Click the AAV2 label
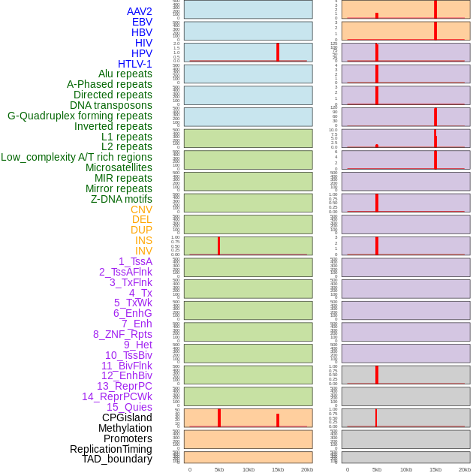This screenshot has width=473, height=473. coord(139,11)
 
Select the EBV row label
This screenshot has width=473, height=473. coord(142,22)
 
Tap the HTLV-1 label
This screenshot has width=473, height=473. coord(134,64)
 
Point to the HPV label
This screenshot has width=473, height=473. coord(142,53)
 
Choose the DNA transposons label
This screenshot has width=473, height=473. coord(111,105)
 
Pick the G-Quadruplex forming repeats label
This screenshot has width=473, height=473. coord(80,116)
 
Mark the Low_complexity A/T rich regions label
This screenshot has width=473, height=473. coord(77,157)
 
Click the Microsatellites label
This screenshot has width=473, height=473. coord(119,167)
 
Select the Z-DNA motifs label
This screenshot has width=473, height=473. coord(122,199)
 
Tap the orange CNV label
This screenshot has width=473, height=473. coord(141,209)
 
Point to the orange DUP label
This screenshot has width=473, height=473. coord(141,230)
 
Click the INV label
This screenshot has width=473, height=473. coord(143,251)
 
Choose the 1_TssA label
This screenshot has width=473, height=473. coord(135,261)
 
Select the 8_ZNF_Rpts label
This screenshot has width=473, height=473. coord(122,334)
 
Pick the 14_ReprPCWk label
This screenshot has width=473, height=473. coord(117,396)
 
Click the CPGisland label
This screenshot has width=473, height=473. coord(127,417)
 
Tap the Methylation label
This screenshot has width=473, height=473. coord(125,428)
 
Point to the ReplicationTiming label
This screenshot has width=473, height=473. coord(111,449)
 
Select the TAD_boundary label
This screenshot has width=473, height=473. coord(117,459)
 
